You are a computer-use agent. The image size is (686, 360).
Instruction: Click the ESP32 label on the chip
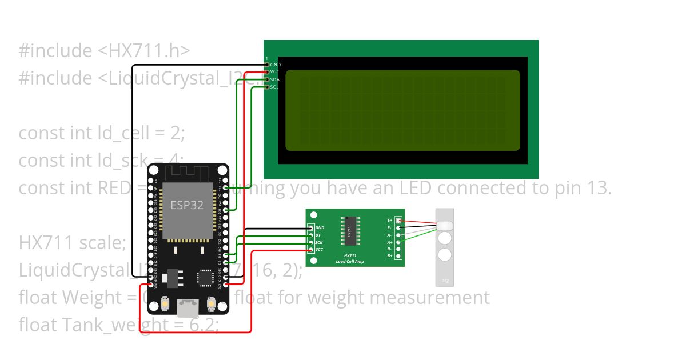click(187, 205)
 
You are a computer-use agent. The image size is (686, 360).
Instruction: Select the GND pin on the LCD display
click(267, 65)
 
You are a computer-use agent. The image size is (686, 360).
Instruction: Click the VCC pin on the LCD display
click(267, 72)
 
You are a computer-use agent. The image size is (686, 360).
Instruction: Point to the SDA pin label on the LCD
click(274, 79)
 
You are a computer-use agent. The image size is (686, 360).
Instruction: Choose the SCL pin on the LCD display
click(267, 87)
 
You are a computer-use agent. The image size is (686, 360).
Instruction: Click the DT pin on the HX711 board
click(312, 235)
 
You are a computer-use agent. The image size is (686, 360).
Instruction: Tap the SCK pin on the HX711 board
click(312, 242)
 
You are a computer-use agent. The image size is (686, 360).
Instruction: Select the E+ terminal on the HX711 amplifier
click(398, 221)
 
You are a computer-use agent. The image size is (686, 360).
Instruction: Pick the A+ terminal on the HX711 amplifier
click(398, 242)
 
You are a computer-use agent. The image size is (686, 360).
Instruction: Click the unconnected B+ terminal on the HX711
click(398, 256)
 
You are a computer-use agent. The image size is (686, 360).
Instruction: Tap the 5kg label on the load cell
click(445, 281)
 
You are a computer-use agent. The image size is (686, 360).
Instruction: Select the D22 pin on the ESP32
click(226, 187)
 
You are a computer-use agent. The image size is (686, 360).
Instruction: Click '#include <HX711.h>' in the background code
click(104, 51)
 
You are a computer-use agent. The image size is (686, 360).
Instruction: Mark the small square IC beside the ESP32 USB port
click(205, 278)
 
